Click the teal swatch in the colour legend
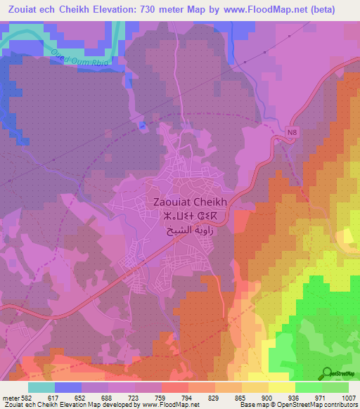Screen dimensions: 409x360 point(41,387)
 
